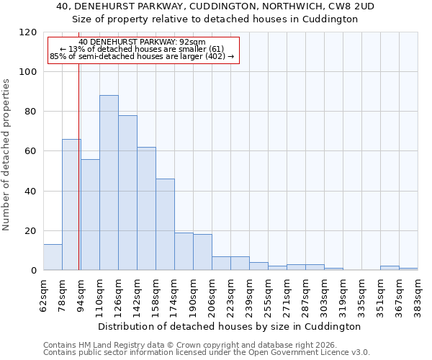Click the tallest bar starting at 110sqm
click(109, 183)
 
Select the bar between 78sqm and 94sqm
click(71, 204)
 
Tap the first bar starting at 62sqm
click(53, 257)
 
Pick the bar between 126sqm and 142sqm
click(127, 193)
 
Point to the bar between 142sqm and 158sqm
click(146, 209)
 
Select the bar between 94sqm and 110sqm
click(90, 215)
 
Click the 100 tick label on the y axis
click(28, 72)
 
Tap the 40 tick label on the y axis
click(31, 192)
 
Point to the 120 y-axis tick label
click(28, 32)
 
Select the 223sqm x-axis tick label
click(231, 293)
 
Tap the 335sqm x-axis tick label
click(343, 293)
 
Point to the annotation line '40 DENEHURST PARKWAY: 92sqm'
click(143, 42)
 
